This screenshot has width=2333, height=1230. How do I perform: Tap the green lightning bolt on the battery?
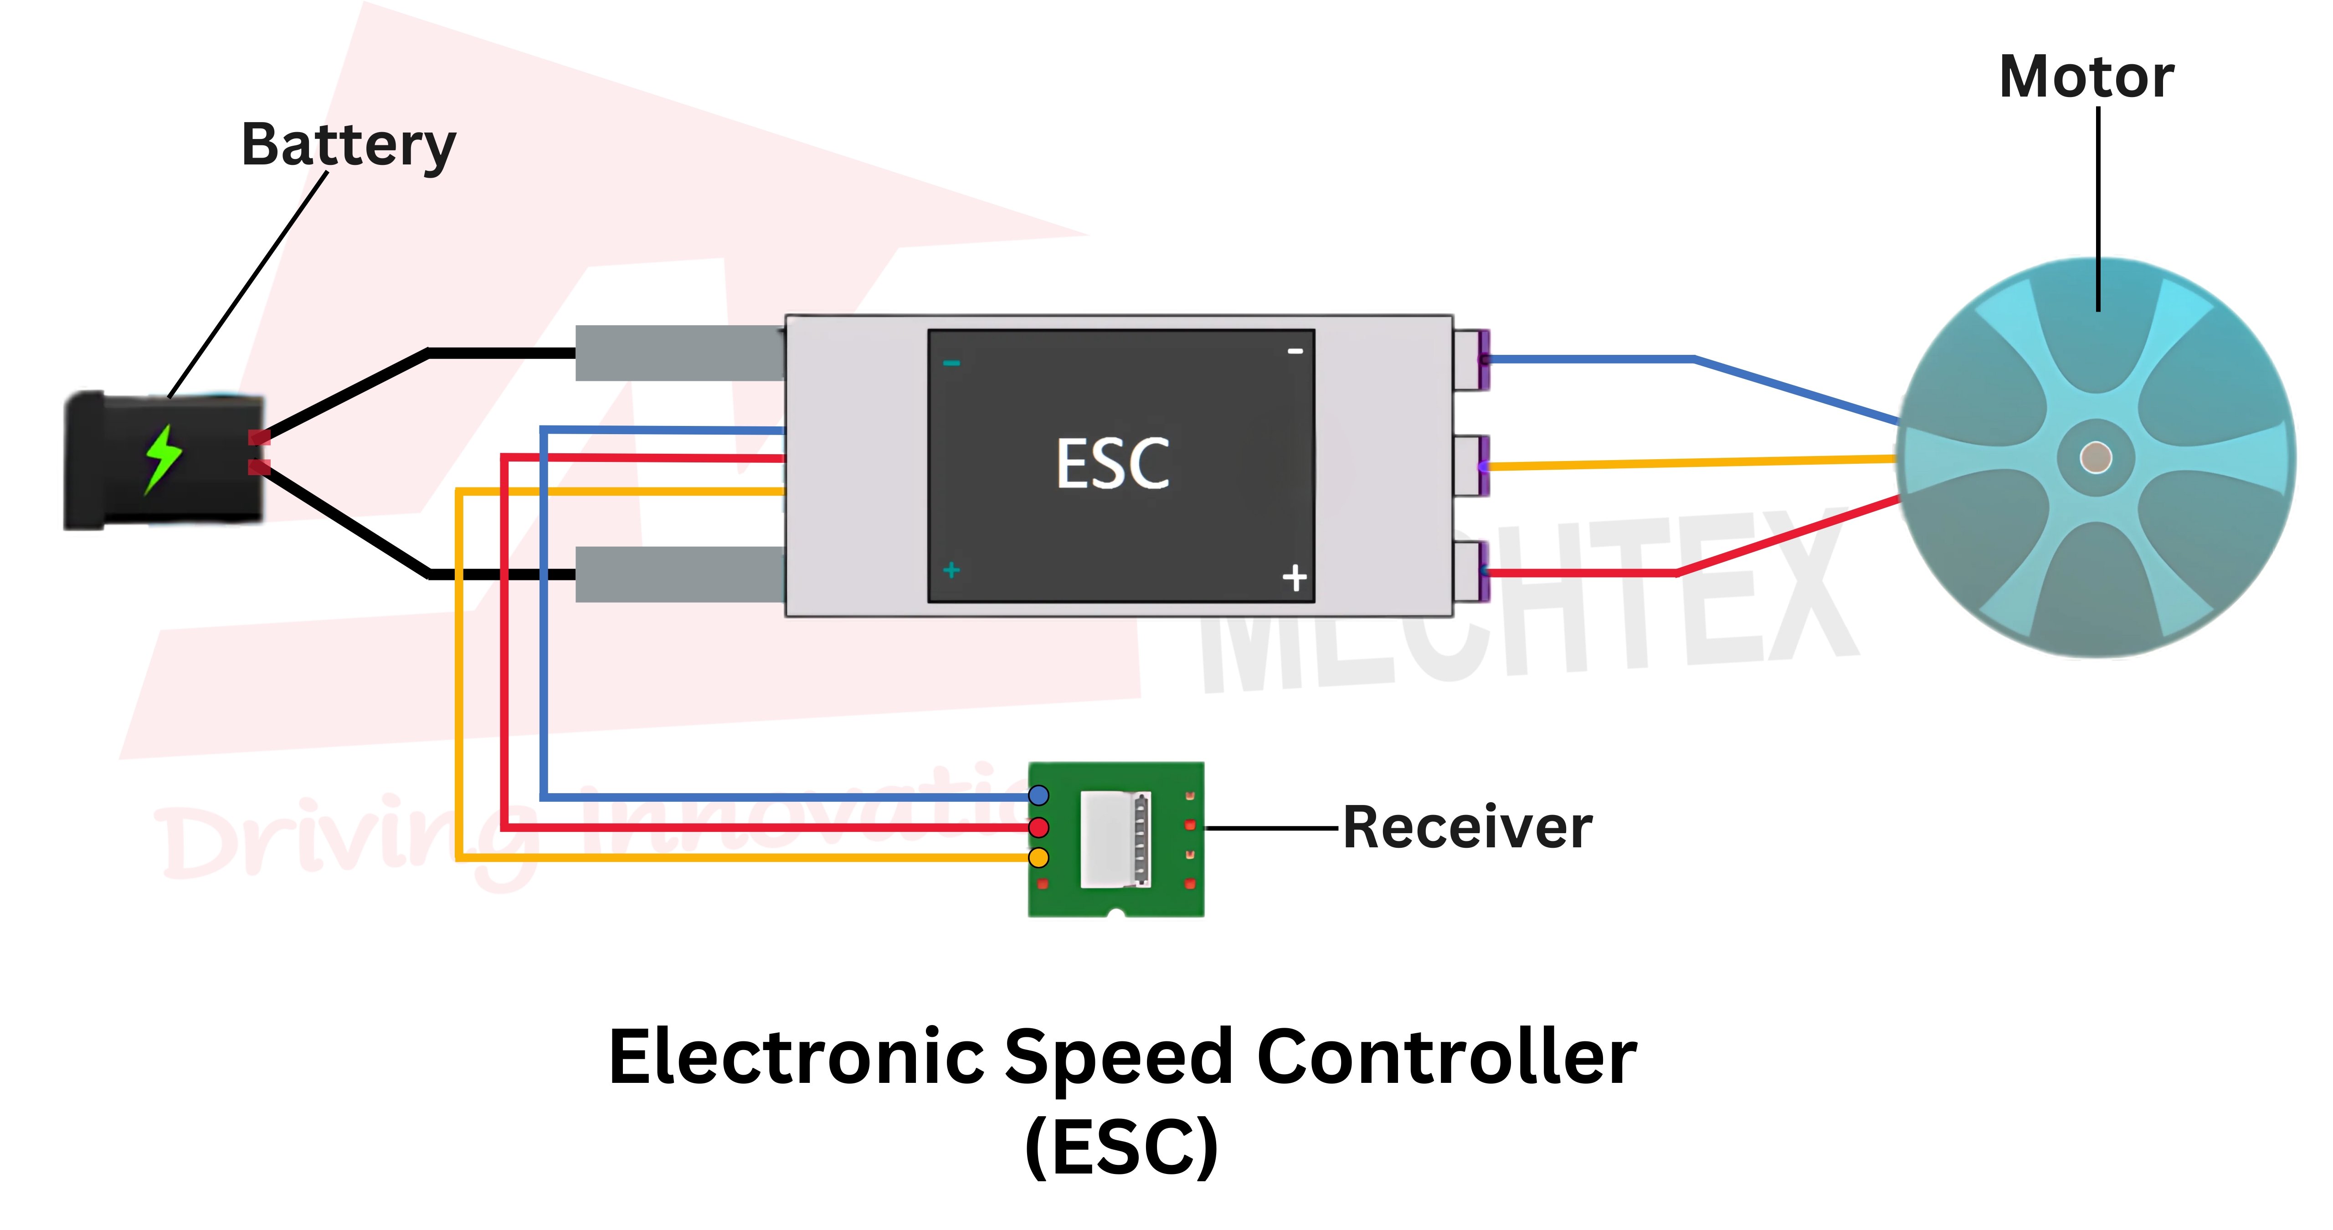point(163,459)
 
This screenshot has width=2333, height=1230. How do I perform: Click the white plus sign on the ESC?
point(1294,577)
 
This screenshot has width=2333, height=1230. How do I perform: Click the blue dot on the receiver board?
point(1039,795)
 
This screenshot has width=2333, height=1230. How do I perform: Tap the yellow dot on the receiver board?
point(1039,857)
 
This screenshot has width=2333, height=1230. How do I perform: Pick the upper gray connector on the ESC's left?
point(679,353)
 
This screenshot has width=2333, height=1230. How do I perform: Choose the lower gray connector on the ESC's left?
point(679,574)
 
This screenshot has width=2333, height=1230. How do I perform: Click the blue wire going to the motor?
point(1594,359)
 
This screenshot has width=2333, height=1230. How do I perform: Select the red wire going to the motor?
point(1585,573)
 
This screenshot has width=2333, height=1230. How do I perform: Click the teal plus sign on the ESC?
point(951,570)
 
